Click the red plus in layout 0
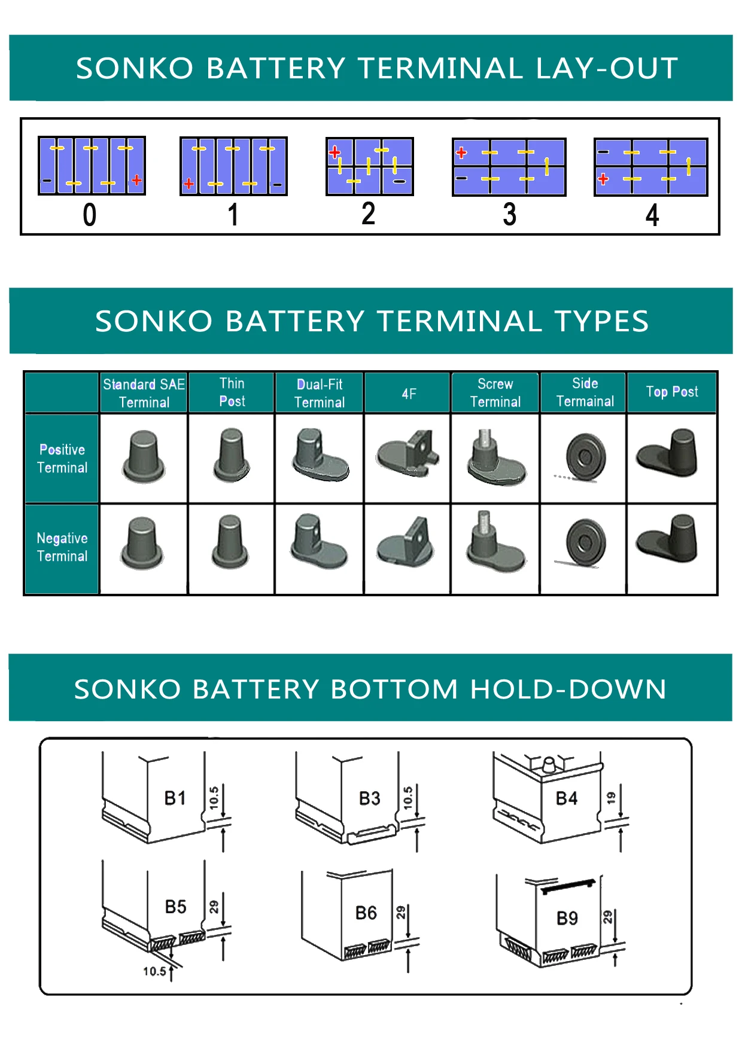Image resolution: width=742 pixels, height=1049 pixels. (x=137, y=179)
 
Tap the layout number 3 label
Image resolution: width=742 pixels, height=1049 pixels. (x=509, y=215)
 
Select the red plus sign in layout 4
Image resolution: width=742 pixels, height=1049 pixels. (x=603, y=179)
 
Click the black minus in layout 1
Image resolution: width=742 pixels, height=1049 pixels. (x=277, y=185)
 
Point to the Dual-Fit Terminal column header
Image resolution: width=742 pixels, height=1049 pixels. (x=320, y=393)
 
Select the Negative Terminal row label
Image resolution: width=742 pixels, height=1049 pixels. (x=62, y=547)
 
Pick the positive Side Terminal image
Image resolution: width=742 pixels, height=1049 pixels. (x=586, y=458)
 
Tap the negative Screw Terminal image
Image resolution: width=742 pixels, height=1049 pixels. (x=495, y=542)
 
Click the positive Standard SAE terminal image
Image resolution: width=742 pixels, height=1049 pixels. (x=144, y=457)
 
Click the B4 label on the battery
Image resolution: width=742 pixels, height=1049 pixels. (x=566, y=798)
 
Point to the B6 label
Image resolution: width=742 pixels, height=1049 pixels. (x=366, y=913)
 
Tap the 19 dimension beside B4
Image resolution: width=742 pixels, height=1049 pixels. (x=611, y=798)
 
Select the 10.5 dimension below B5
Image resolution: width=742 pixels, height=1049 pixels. (x=154, y=971)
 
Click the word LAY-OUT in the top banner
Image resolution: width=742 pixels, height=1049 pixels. (x=607, y=68)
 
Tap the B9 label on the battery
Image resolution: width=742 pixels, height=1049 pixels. (x=567, y=918)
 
